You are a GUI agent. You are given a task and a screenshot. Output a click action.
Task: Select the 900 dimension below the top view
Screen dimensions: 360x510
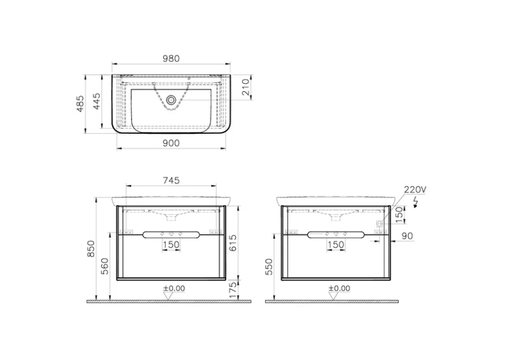tap(171, 142)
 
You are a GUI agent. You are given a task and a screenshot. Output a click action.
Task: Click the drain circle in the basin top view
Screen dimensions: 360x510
tap(172, 100)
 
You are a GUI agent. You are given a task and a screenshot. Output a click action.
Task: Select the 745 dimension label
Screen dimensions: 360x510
tap(171, 180)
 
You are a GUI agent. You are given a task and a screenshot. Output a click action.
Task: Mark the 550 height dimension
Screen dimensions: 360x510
tap(271, 266)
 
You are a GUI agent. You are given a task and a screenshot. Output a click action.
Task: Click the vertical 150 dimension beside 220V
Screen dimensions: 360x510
tap(398, 214)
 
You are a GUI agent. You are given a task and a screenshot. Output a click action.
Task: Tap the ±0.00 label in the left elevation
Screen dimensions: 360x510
tap(173, 288)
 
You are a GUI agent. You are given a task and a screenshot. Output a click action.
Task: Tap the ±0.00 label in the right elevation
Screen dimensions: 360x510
tap(340, 288)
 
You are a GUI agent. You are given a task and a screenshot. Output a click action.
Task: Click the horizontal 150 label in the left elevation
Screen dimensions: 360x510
tap(171, 245)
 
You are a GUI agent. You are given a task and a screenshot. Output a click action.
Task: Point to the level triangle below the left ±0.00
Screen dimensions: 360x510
tap(170, 295)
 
